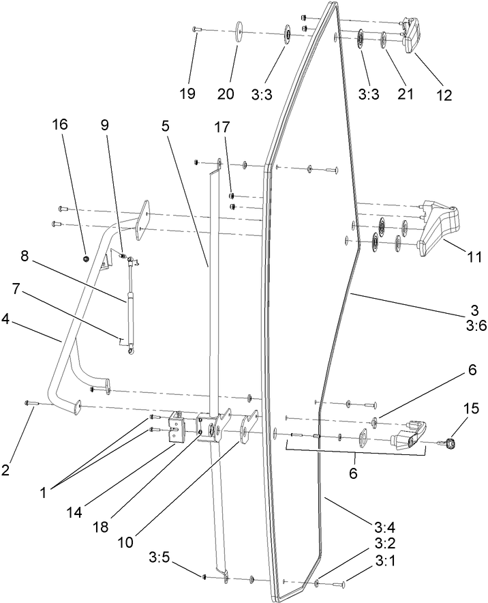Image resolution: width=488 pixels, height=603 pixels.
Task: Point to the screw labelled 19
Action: [x=196, y=29]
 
